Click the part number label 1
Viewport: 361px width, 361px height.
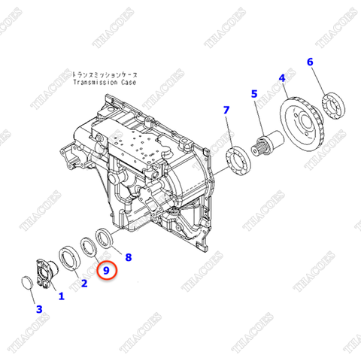61,296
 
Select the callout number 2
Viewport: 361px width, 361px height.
83,283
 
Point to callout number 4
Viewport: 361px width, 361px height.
282,77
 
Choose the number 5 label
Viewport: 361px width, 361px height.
253,94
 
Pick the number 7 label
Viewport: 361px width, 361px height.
226,111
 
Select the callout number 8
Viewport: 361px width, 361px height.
128,257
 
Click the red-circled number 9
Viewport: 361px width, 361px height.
107,269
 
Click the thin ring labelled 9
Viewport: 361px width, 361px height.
89,247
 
